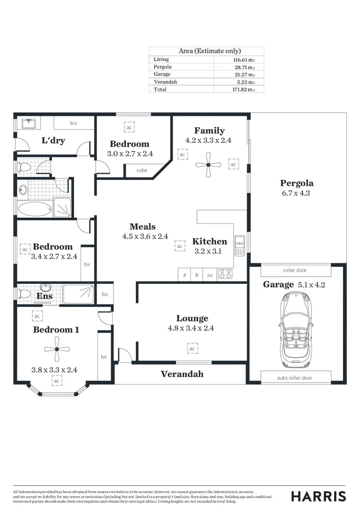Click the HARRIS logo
point(318,496)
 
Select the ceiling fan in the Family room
point(208,165)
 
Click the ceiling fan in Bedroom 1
point(56,349)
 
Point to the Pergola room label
point(297,183)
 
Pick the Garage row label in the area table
point(162,74)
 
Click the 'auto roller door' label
point(295,378)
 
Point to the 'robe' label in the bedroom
point(141,171)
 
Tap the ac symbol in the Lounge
point(192,349)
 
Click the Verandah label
point(182,374)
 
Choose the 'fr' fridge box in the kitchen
point(197,275)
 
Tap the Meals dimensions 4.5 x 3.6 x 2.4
point(145,237)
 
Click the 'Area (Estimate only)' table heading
point(210,51)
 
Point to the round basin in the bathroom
point(24,190)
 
